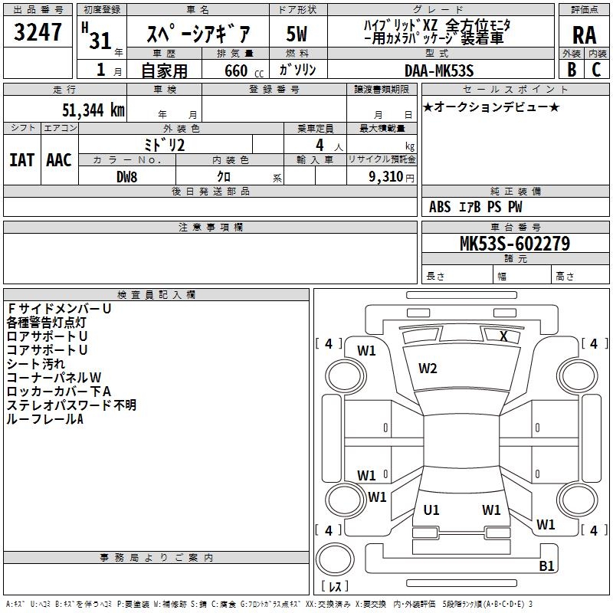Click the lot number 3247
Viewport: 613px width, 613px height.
point(38,34)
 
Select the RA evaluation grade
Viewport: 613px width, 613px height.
point(584,34)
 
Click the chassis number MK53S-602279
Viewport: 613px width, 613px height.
point(514,243)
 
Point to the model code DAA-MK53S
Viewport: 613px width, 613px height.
point(439,70)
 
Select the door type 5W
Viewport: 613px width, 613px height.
point(297,34)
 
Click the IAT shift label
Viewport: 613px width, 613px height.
point(21,160)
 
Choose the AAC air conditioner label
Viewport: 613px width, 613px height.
point(59,160)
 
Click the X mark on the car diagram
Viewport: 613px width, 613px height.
point(503,336)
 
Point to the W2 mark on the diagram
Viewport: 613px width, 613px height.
point(428,369)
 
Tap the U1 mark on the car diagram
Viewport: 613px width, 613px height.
point(431,510)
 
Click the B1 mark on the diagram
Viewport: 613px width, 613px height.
point(546,565)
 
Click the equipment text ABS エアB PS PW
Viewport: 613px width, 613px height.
point(477,207)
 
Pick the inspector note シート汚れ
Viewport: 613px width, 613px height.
point(36,363)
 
